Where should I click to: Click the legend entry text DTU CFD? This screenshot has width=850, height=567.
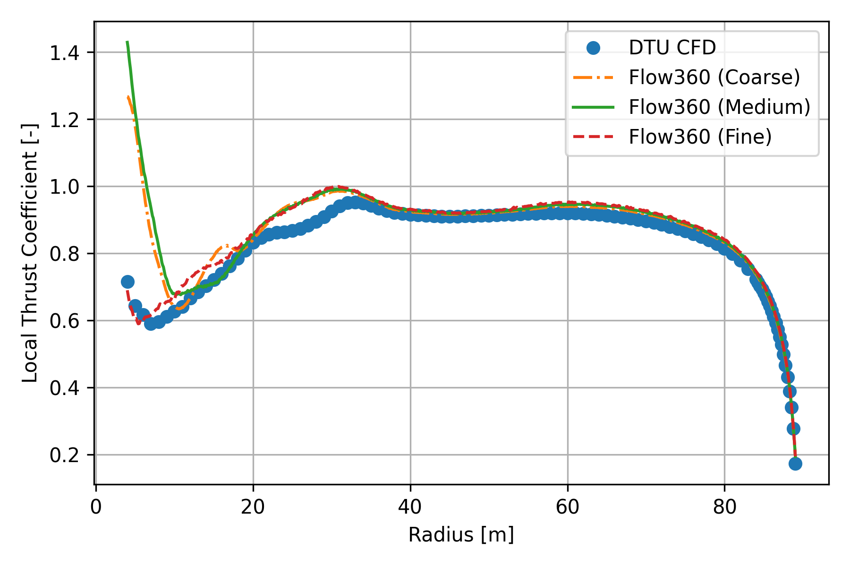(x=672, y=48)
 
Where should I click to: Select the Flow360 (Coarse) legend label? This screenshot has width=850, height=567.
(x=714, y=77)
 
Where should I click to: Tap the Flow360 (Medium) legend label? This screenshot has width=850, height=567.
(x=719, y=107)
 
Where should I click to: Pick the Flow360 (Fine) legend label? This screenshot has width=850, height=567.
(x=700, y=137)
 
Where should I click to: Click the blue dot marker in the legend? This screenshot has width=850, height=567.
(x=593, y=48)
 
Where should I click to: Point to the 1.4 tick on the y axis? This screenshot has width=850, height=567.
(x=65, y=52)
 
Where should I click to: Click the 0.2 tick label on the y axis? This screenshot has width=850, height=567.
(x=65, y=455)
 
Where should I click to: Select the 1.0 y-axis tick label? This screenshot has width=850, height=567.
(x=65, y=187)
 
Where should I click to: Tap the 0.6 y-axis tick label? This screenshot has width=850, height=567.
(x=65, y=321)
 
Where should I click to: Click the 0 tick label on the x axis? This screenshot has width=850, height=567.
(x=96, y=507)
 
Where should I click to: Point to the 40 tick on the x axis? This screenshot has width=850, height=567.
(x=410, y=507)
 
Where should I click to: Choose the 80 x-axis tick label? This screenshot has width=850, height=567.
(x=724, y=507)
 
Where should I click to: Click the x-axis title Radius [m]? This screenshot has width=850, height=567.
(x=461, y=535)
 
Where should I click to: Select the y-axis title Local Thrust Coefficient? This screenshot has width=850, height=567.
(x=30, y=253)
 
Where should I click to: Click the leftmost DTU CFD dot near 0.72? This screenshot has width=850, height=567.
(x=127, y=282)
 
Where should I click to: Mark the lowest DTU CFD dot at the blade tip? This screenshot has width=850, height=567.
(x=795, y=464)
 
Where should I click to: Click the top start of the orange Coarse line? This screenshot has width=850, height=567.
(x=128, y=97)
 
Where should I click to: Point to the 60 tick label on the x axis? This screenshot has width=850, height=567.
(x=567, y=507)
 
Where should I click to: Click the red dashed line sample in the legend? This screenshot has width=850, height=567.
(x=593, y=137)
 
